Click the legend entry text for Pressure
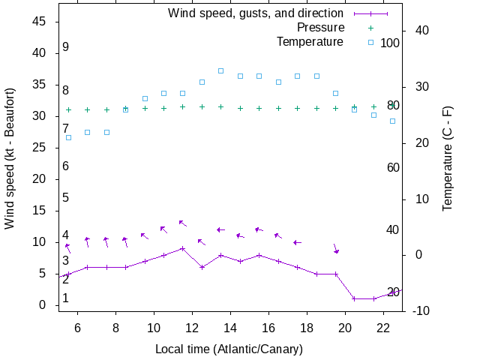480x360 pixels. (x=310, y=27)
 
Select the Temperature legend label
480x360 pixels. (x=310, y=41)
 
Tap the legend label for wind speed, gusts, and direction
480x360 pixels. (x=256, y=13)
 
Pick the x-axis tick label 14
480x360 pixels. (x=230, y=327)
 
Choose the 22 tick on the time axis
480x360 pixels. (x=383, y=327)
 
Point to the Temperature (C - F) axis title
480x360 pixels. (x=448, y=157)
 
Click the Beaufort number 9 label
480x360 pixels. (x=66, y=46)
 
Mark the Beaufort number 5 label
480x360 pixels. (x=66, y=198)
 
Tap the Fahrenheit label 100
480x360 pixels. (x=390, y=43)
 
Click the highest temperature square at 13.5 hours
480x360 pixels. (x=220, y=70)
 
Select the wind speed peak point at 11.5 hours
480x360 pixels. (x=182, y=248)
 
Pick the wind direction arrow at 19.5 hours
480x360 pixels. (x=336, y=248)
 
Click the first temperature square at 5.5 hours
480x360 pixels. (x=68, y=137)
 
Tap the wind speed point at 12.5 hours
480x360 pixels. (x=202, y=267)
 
